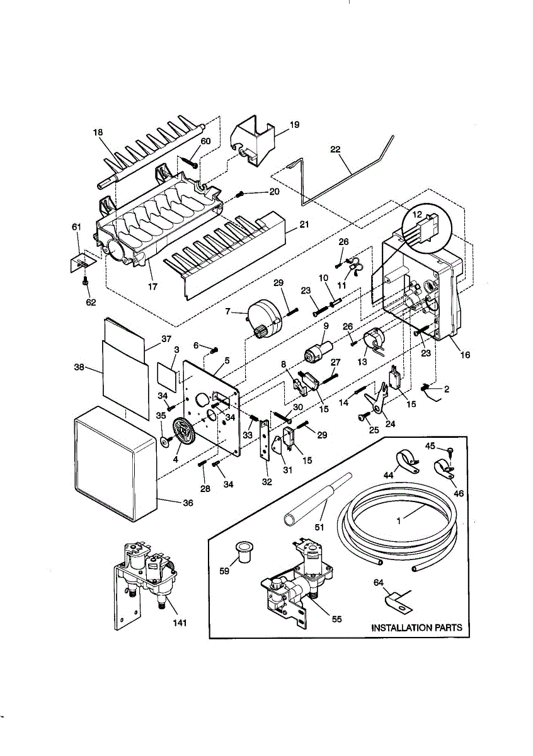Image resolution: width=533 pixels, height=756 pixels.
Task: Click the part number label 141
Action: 180,623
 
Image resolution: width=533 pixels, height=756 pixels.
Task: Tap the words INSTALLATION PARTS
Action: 417,627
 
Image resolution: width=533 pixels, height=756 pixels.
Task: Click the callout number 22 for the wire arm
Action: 335,149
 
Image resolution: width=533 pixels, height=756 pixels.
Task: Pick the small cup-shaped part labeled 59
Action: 243,552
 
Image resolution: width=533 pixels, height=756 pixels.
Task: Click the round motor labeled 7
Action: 265,319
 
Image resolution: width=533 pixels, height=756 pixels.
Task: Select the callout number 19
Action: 295,125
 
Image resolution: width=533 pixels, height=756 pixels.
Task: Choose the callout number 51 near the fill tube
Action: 319,527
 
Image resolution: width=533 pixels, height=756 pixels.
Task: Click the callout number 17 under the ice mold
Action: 152,287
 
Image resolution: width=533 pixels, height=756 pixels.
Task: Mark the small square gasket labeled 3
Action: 168,376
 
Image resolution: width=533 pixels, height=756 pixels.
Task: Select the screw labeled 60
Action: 191,162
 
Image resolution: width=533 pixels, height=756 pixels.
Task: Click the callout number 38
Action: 79,367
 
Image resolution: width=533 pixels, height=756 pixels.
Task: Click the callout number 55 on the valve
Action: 336,619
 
